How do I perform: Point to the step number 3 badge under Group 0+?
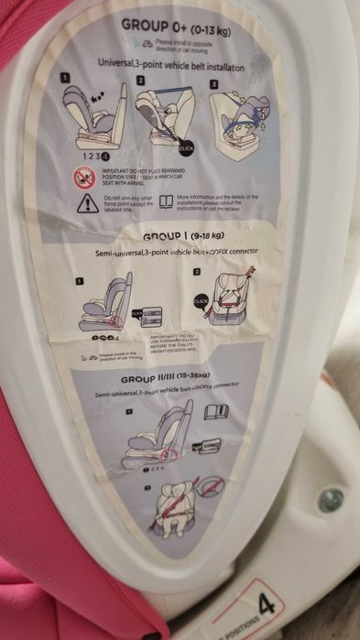[x=213, y=84]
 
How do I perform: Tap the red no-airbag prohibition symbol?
[x=84, y=177]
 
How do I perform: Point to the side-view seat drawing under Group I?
[x=106, y=301]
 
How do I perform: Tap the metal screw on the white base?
[x=330, y=501]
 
